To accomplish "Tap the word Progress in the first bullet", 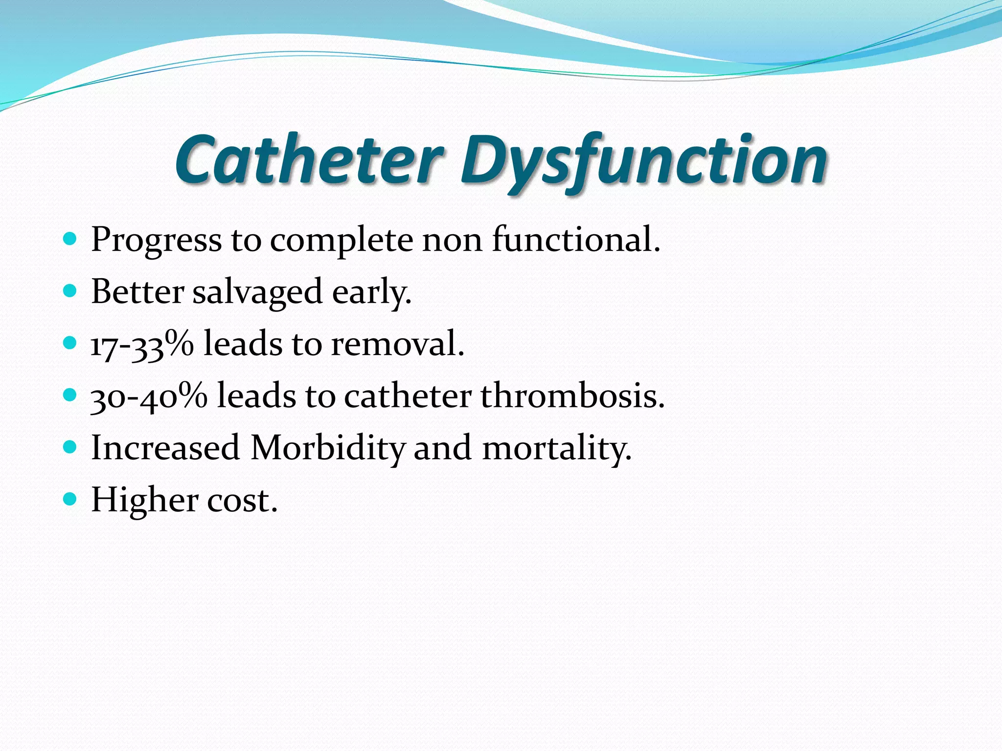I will (x=156, y=241).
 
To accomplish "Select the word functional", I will (x=576, y=240).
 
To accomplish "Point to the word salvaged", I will (x=257, y=292).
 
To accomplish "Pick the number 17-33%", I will (x=142, y=344).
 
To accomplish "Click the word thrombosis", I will (x=572, y=396).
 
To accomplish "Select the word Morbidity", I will (x=328, y=448).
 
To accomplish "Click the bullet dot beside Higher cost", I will (x=70, y=499).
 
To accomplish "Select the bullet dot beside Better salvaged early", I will (x=70, y=291).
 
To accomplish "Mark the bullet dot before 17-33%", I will (x=70, y=343).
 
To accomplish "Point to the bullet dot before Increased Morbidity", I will (x=70, y=447).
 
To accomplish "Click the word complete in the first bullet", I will (x=342, y=241).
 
